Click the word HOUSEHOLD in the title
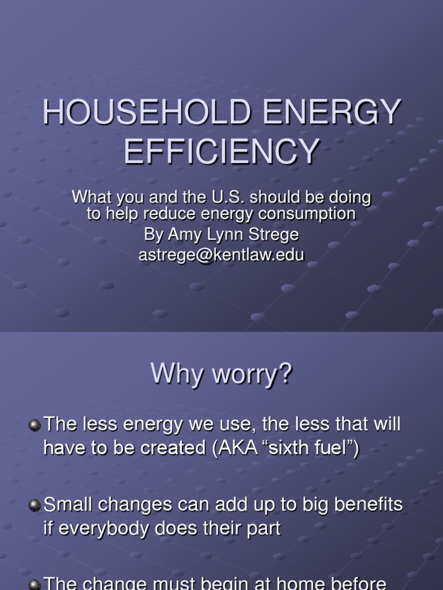click(147, 112)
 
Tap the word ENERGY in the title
click(332, 112)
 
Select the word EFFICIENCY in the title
click(222, 151)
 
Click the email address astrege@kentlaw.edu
click(221, 255)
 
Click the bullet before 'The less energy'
click(35, 426)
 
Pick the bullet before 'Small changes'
click(35, 505)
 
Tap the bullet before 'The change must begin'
click(35, 584)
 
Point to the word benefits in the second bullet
click(369, 505)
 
